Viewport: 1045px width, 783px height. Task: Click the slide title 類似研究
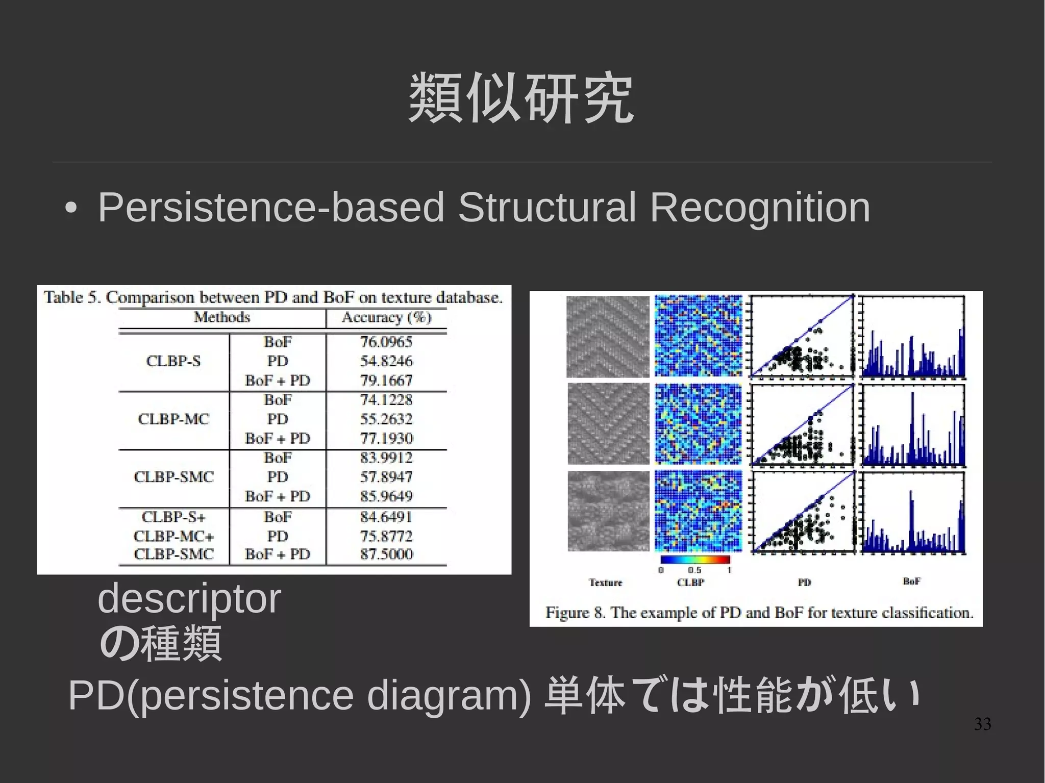click(x=521, y=98)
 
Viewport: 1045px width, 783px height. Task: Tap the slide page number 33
click(x=982, y=724)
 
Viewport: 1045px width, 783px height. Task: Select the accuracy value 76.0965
click(x=386, y=342)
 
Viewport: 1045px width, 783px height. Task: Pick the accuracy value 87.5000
click(x=386, y=554)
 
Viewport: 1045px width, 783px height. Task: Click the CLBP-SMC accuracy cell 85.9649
click(x=386, y=496)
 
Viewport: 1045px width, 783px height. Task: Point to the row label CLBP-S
click(x=173, y=361)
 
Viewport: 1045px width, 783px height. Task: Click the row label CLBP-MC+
click(x=173, y=536)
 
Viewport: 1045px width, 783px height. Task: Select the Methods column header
click(x=222, y=317)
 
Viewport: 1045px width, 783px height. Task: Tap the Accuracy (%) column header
click(x=386, y=317)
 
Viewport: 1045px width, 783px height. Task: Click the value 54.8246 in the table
click(x=386, y=361)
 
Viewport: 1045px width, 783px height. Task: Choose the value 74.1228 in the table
click(x=386, y=400)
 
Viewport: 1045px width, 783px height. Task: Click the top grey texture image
click(x=608, y=337)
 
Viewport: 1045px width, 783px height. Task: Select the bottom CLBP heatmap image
click(x=698, y=511)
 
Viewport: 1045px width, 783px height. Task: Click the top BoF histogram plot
click(x=913, y=337)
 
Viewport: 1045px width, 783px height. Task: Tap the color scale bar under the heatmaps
click(x=695, y=560)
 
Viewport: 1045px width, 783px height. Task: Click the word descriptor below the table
click(x=189, y=598)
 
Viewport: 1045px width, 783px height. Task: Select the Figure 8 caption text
click(x=759, y=612)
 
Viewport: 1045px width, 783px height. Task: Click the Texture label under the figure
click(x=606, y=583)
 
